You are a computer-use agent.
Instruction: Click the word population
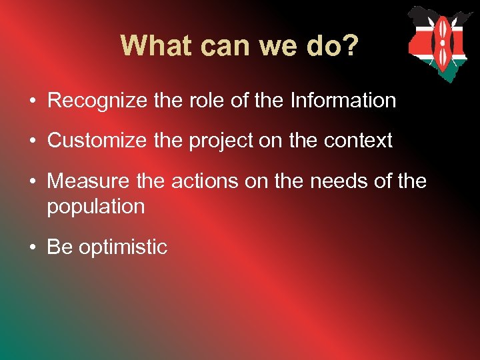pos(95,207)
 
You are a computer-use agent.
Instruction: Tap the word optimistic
pos(123,247)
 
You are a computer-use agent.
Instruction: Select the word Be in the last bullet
pos(59,247)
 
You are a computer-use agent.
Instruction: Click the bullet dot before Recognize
pos(32,102)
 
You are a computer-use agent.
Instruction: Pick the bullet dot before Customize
pos(32,141)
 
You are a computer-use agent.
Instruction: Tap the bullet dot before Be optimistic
pos(32,247)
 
